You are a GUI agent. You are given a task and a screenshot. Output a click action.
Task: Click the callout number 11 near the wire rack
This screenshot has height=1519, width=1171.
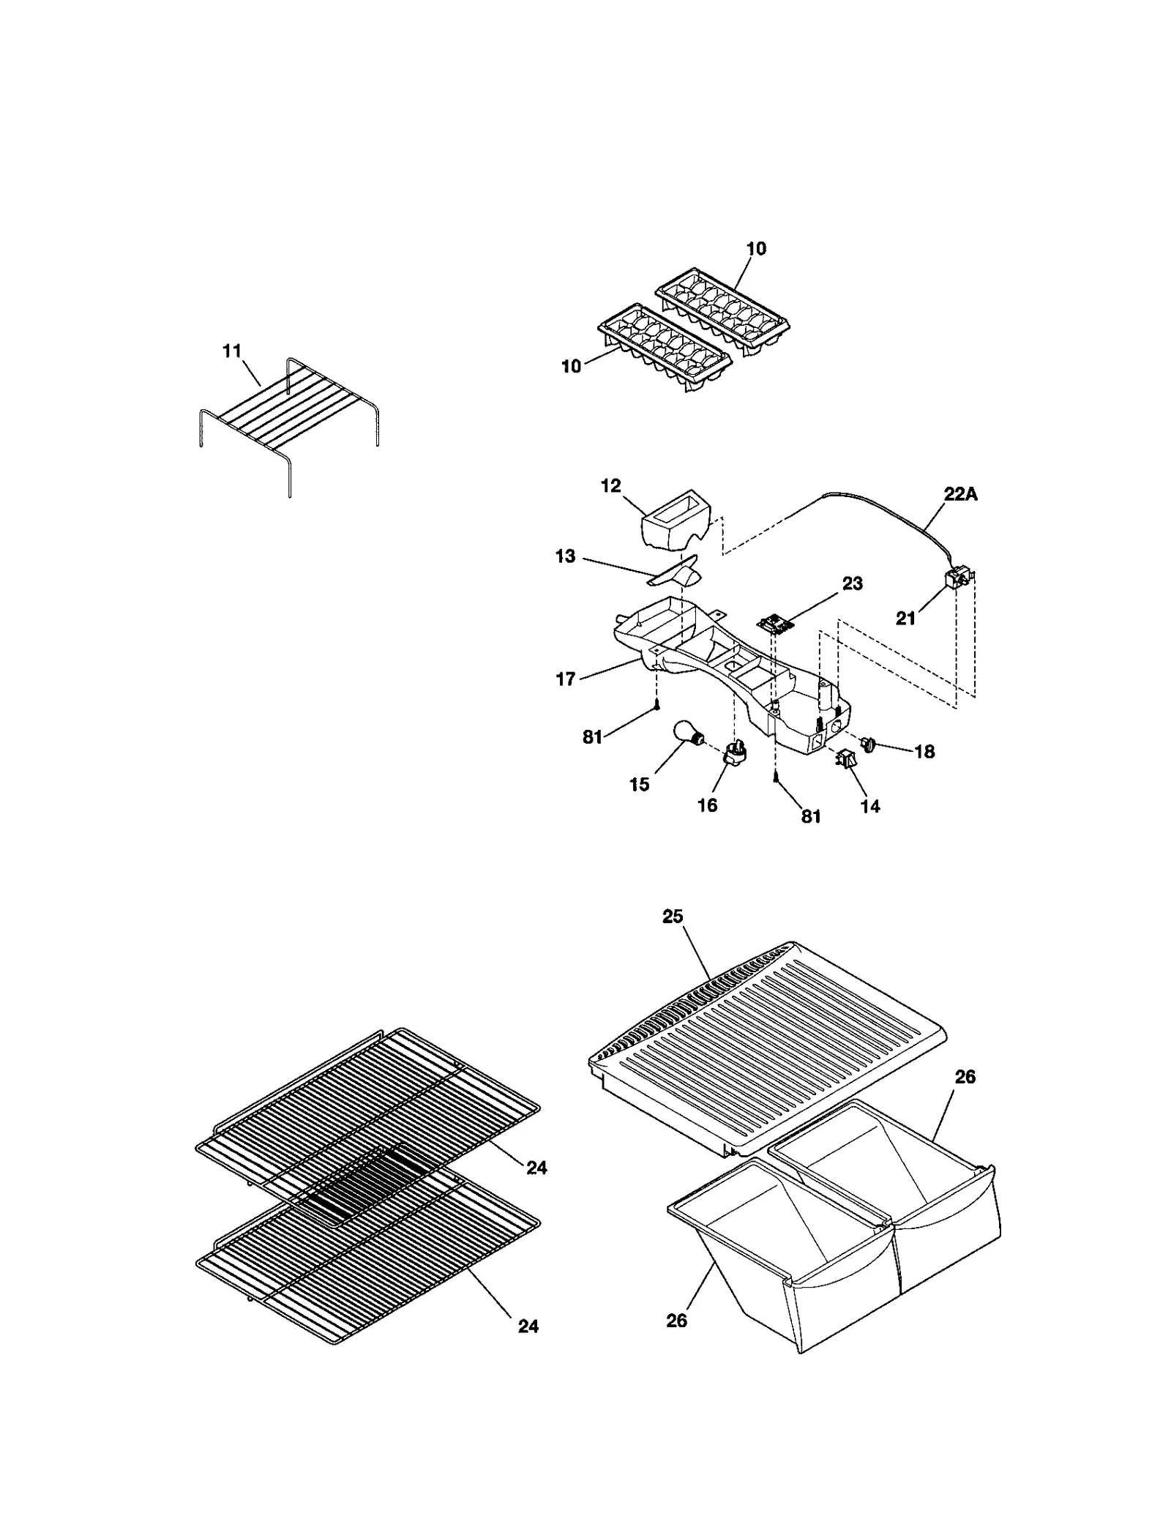pyautogui.click(x=231, y=351)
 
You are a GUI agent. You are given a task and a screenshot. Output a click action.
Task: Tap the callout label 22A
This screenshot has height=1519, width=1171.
pyautogui.click(x=960, y=494)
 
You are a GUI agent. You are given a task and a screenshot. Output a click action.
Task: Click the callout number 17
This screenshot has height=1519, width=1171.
pyautogui.click(x=565, y=679)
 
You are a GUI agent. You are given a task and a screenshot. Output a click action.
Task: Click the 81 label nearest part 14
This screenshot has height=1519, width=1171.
pyautogui.click(x=810, y=817)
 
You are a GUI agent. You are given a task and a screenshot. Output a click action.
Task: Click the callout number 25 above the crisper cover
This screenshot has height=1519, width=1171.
pyautogui.click(x=673, y=916)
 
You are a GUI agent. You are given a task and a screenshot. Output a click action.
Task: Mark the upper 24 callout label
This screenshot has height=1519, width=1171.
pyautogui.click(x=536, y=1168)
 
